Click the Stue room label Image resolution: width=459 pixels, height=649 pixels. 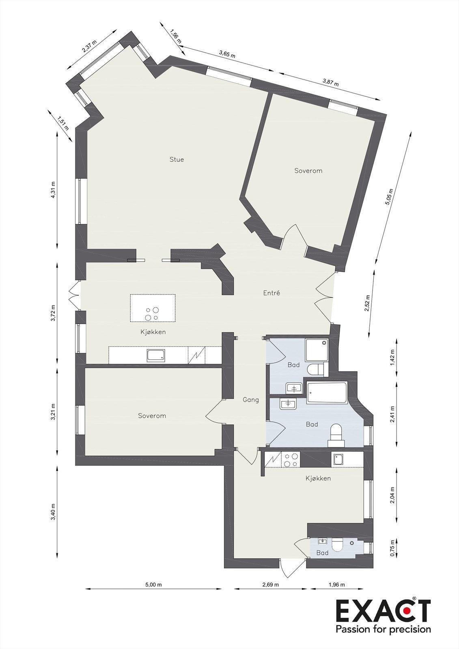177,159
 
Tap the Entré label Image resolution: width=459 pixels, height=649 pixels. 272,293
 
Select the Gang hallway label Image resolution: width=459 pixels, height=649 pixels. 251,400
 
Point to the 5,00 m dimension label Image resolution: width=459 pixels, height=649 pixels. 153,585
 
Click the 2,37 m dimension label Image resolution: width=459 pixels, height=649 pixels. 90,47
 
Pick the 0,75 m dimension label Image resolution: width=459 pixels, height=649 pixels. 392,548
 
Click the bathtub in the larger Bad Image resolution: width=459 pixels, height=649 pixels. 327,393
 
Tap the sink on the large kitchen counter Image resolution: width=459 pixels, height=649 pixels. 156,356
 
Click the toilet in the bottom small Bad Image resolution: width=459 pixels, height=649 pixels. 337,546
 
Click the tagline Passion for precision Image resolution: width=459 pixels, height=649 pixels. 383,630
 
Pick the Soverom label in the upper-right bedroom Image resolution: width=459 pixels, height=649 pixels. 308,171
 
